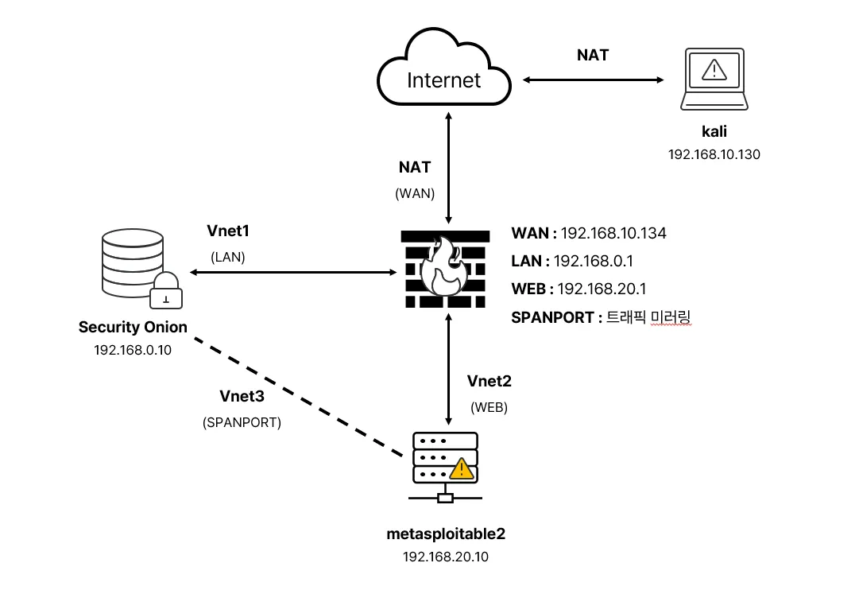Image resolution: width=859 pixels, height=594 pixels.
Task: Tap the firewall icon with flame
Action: (x=444, y=269)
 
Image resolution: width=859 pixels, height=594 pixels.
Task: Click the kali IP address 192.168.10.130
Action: (x=714, y=154)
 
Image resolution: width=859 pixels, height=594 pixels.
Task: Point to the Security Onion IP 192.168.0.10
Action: (x=133, y=350)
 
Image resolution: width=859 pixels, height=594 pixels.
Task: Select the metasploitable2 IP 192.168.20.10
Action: (x=445, y=557)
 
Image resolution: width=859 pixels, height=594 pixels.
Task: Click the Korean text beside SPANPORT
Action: (x=648, y=317)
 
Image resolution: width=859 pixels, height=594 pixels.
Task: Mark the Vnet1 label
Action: (x=228, y=231)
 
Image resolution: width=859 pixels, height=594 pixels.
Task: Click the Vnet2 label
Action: (x=489, y=381)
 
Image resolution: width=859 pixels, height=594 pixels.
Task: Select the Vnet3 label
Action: (x=242, y=395)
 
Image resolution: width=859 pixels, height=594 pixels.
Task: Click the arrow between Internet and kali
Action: (x=593, y=80)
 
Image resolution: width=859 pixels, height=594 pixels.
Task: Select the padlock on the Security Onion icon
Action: (x=166, y=292)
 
